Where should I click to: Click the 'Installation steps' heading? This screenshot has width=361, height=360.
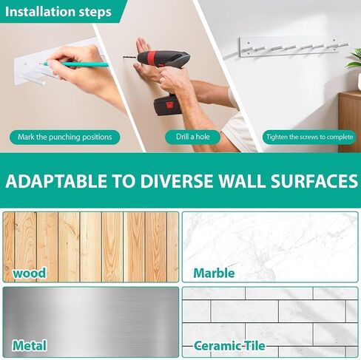coord(58,12)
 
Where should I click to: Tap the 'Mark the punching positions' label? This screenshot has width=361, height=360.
coord(65,137)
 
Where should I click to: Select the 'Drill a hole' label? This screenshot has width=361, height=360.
coord(193,137)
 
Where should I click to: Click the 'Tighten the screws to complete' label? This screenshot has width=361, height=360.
coord(309,137)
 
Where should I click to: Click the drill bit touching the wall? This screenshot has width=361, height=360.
coord(130,58)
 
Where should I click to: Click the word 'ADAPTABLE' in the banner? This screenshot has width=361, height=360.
coord(56,181)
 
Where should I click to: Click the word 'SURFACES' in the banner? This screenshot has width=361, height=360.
coord(314,181)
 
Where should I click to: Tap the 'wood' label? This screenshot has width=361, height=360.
coord(30,273)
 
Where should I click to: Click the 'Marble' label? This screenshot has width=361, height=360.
coord(214,273)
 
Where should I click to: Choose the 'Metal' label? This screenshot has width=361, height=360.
coord(30,345)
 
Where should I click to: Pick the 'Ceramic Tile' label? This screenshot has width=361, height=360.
coord(229,346)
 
